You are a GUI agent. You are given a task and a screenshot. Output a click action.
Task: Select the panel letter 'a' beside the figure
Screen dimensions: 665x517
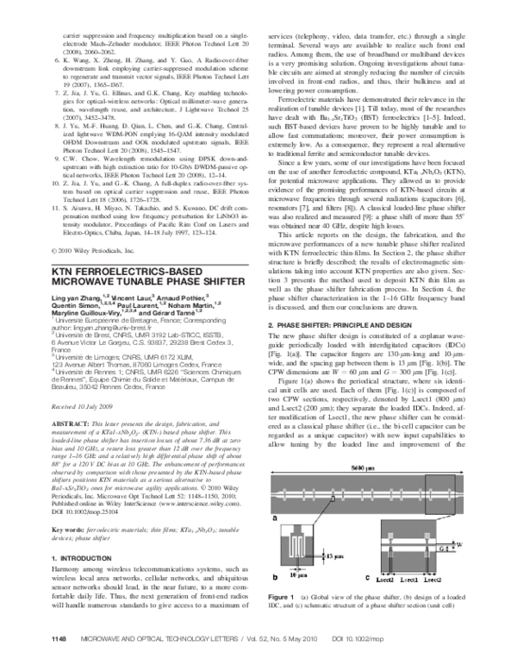[273, 520]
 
